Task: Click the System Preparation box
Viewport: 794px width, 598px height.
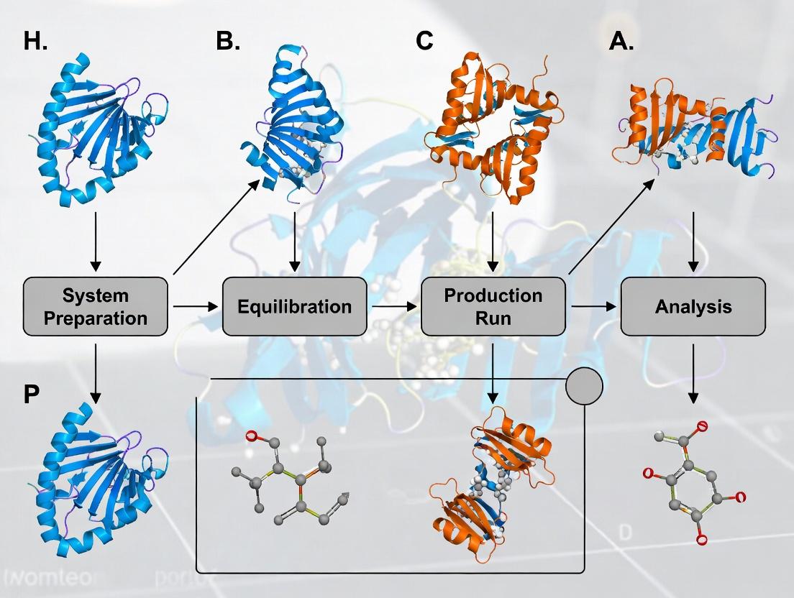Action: (x=95, y=307)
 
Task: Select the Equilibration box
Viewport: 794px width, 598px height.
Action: (x=295, y=307)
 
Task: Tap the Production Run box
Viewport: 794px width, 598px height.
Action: (x=493, y=307)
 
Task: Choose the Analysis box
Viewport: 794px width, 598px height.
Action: (x=693, y=307)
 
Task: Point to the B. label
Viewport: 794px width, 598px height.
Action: (x=228, y=42)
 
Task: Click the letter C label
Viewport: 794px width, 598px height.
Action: (x=424, y=42)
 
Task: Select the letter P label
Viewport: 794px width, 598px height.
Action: (x=31, y=396)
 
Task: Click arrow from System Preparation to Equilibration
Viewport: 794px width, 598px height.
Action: (x=195, y=307)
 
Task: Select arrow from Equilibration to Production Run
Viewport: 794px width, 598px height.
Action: (x=394, y=307)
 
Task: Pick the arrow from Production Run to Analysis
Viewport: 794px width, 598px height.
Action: (x=594, y=307)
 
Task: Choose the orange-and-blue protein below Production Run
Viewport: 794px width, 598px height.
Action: (x=493, y=489)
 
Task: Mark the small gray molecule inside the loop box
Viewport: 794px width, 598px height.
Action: (x=291, y=474)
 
